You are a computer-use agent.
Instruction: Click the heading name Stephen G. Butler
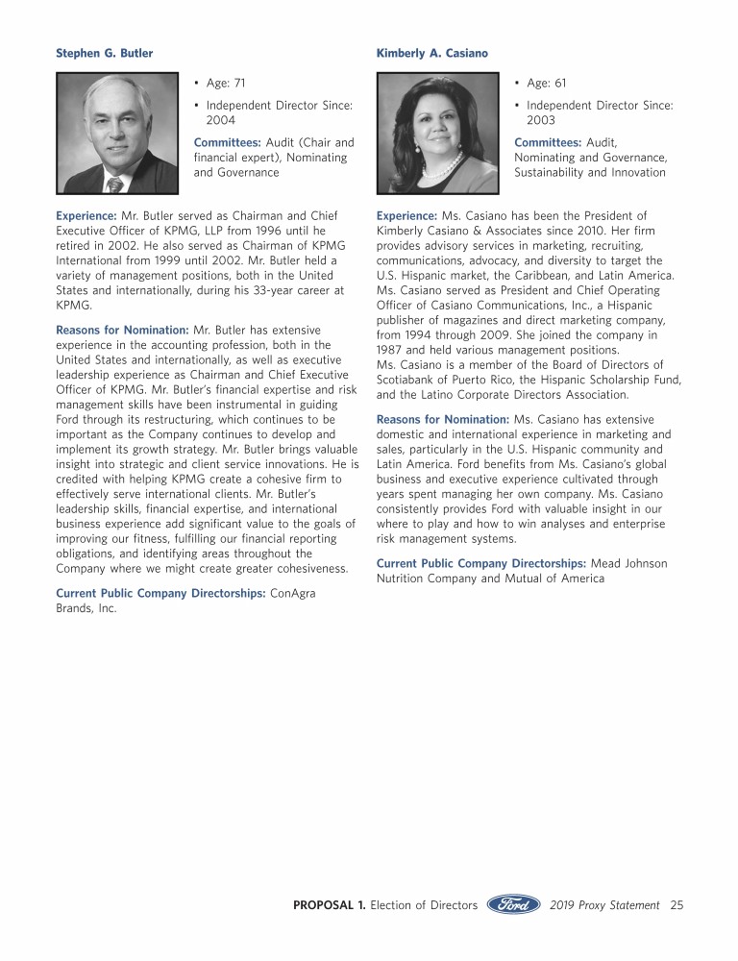click(104, 53)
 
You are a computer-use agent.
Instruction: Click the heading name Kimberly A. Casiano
click(431, 53)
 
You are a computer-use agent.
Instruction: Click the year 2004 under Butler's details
click(221, 121)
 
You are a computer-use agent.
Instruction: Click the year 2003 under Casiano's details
click(541, 121)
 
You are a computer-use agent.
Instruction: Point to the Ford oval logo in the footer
click(513, 905)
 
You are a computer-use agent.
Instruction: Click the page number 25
click(676, 905)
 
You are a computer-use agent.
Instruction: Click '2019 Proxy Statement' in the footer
click(605, 905)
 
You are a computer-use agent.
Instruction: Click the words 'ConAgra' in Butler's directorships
click(295, 594)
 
